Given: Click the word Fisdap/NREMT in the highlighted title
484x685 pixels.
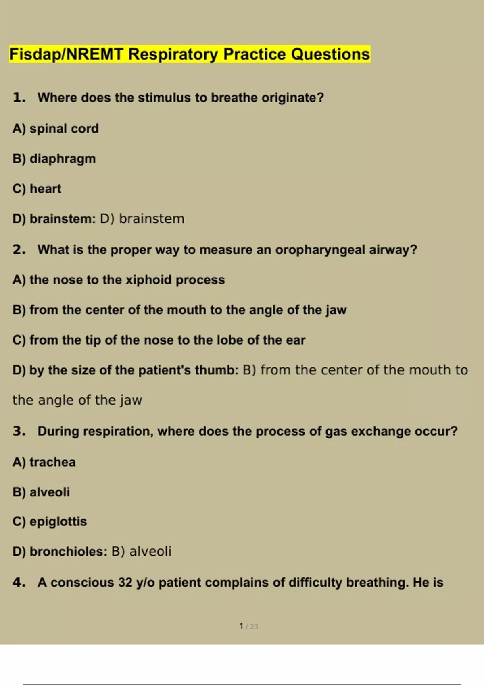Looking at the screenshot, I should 66,54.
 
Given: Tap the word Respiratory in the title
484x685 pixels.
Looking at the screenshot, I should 173,54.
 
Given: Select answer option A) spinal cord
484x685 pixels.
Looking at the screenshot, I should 56,129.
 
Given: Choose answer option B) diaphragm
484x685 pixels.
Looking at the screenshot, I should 54,159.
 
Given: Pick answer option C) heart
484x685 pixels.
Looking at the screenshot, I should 37,189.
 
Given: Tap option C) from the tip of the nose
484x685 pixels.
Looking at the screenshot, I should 159,340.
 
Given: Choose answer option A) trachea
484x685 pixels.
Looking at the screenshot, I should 44,462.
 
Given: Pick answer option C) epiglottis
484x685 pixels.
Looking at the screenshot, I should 50,521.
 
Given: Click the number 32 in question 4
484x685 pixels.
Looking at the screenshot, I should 125,583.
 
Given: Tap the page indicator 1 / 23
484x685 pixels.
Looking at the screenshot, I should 248,626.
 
